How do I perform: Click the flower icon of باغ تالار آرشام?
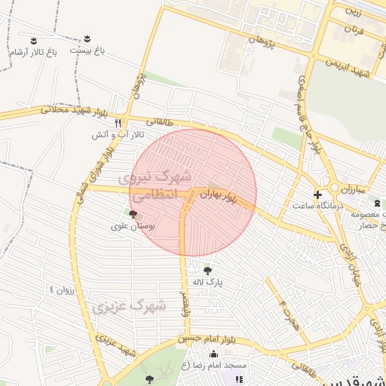(33, 40)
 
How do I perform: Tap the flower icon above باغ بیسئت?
(87, 38)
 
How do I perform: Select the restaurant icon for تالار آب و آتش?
(118, 123)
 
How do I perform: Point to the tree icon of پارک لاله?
(207, 271)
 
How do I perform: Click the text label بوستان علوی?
(133, 226)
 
